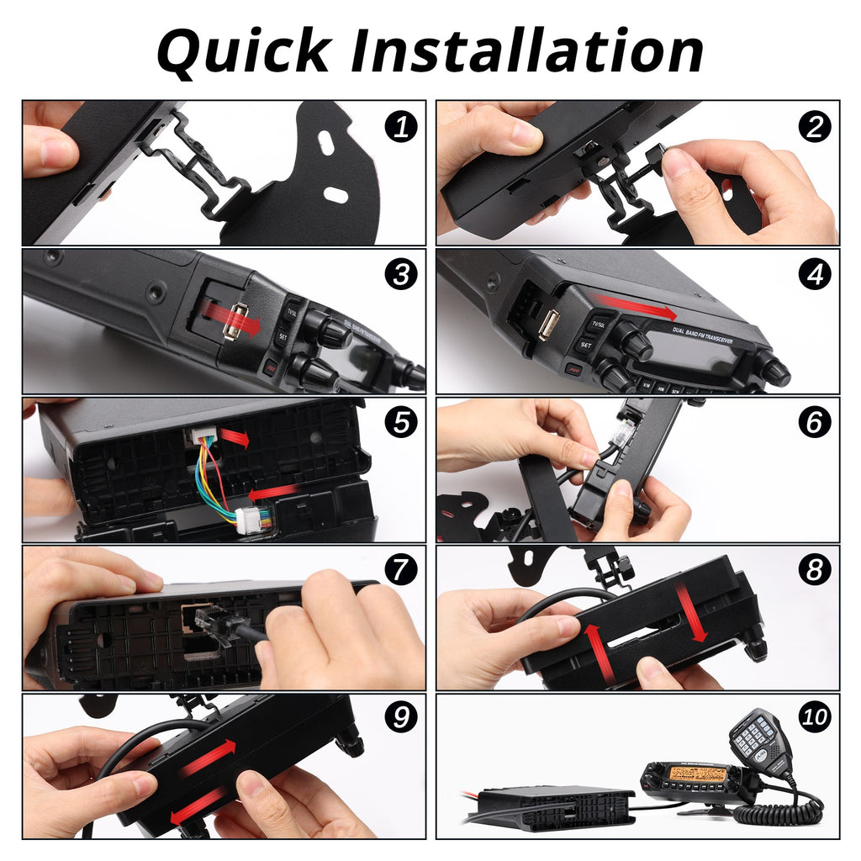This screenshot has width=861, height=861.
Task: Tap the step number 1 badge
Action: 401,127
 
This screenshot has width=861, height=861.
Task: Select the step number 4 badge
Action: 814,274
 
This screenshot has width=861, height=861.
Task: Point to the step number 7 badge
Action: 401,570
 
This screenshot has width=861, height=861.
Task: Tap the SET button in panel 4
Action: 585,346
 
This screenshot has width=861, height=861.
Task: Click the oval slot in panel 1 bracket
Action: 336,195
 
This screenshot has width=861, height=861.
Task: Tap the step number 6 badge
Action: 814,422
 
